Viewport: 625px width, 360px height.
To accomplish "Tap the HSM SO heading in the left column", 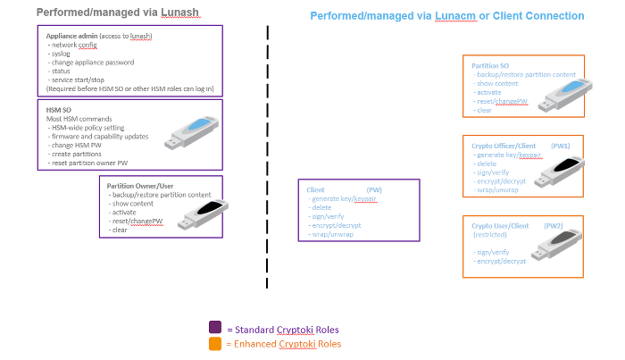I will pyautogui.click(x=60, y=109).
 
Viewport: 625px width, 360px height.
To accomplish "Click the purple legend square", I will pyautogui.click(x=214, y=328).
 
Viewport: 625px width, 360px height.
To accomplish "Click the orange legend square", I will pyautogui.click(x=214, y=343).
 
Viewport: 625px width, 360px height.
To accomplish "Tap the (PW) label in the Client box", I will pyautogui.click(x=374, y=190).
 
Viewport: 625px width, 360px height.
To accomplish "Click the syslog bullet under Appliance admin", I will pyautogui.click(x=62, y=54).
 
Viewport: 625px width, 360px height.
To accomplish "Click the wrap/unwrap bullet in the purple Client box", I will pyautogui.click(x=333, y=235).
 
